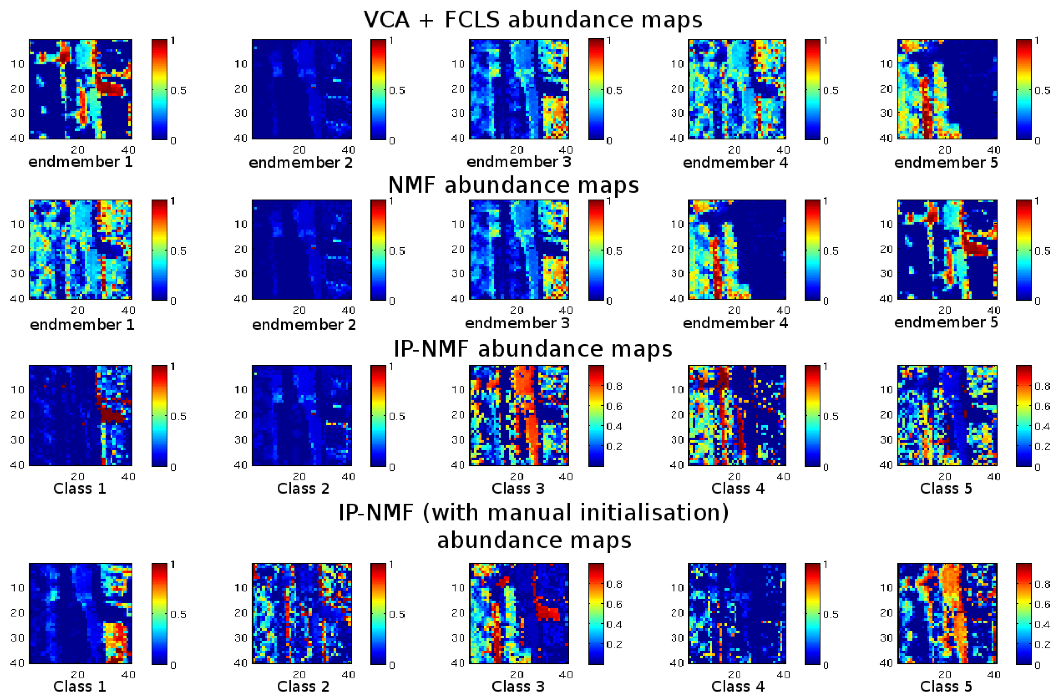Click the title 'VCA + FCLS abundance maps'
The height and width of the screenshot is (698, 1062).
coord(533,20)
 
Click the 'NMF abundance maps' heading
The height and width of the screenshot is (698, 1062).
coord(513,185)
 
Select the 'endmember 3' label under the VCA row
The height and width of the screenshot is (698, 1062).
coord(518,161)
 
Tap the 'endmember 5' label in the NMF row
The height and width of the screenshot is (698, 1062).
coord(946,322)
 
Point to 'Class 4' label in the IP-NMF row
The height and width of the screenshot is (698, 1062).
coord(737,488)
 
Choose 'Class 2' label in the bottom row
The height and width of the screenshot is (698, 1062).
coord(303,687)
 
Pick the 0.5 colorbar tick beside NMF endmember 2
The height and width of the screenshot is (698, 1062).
coord(397,251)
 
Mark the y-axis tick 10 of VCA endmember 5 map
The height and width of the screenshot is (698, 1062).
coord(887,64)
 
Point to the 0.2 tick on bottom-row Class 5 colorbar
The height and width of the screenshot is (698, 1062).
coord(1042,644)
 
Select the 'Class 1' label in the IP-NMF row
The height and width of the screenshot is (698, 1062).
coord(79,488)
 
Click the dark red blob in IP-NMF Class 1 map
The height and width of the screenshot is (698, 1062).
coord(112,416)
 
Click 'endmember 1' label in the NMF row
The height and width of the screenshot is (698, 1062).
coord(82,324)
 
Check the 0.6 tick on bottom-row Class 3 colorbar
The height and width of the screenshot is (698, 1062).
coord(614,604)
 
